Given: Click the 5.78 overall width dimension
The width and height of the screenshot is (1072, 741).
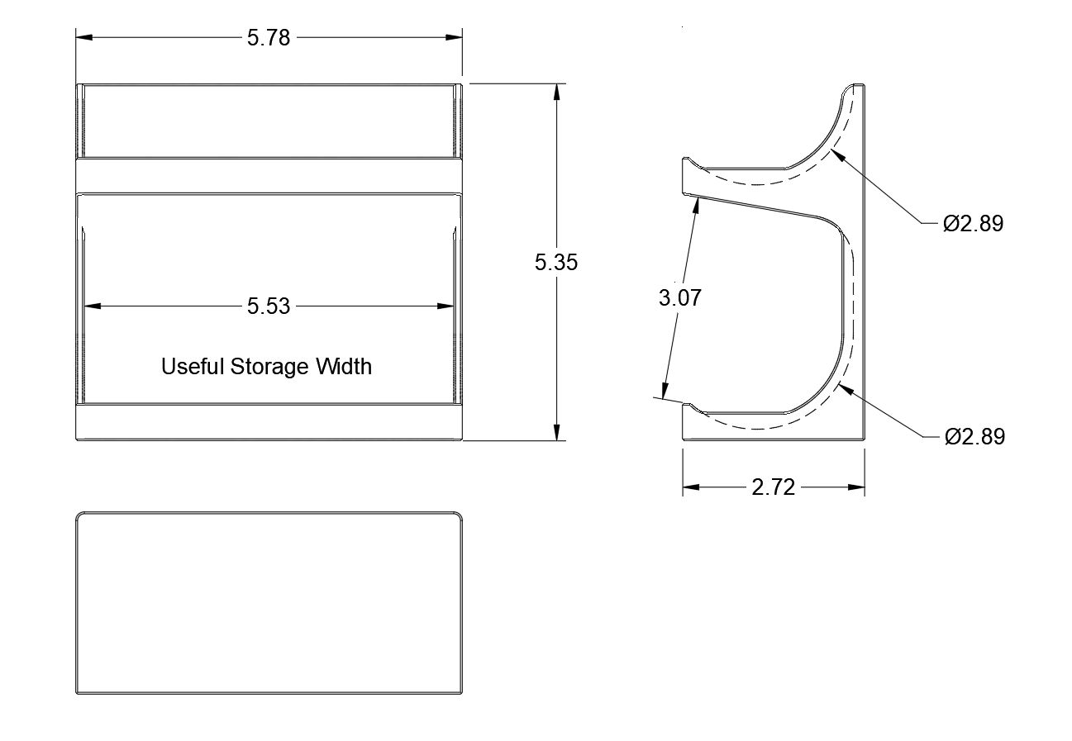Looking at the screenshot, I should (x=269, y=38).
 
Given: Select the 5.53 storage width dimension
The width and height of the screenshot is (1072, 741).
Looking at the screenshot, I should (x=269, y=306).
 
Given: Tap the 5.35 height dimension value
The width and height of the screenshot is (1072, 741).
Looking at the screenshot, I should (x=556, y=262).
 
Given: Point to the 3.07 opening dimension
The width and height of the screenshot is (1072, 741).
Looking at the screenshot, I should (x=679, y=297).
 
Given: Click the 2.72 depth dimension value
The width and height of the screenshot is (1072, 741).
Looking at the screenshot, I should (x=773, y=487).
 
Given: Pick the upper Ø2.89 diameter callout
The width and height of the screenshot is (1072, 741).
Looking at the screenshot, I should (x=974, y=223).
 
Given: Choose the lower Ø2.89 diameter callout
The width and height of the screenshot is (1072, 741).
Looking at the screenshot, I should (x=974, y=436).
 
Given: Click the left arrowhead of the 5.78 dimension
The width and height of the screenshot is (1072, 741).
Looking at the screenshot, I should (x=83, y=37).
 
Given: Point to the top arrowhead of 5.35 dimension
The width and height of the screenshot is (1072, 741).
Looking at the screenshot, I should (x=559, y=92).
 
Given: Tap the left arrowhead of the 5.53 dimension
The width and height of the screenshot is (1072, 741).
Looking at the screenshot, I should (x=92, y=306).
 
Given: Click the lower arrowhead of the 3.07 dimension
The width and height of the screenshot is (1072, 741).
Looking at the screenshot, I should (x=664, y=391).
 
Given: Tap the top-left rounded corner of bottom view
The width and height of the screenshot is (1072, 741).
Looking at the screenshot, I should (x=80, y=516).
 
